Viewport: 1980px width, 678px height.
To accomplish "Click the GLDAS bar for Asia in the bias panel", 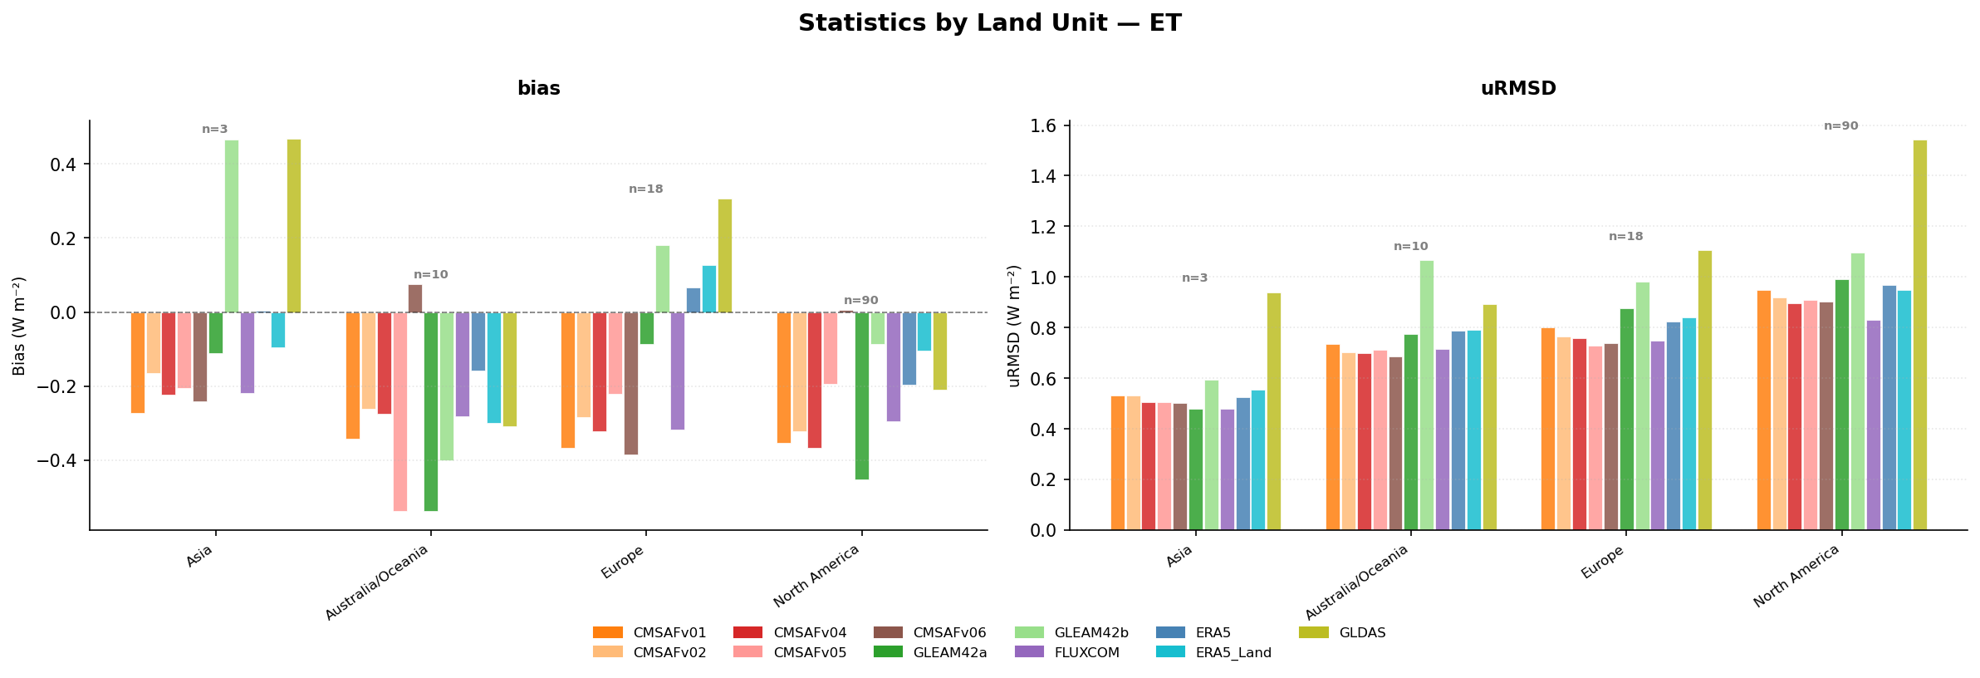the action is click(x=294, y=226).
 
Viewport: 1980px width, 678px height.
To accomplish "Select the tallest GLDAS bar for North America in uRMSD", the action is click(x=1920, y=335).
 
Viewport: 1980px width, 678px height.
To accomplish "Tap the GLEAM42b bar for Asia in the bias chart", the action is click(x=232, y=226).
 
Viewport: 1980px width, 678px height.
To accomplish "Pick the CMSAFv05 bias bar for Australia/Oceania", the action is click(x=400, y=411).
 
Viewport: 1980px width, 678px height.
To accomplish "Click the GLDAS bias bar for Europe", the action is click(x=725, y=256).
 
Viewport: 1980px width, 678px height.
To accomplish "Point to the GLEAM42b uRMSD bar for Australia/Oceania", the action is click(x=1427, y=395).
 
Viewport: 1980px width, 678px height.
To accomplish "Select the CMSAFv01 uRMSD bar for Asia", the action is click(x=1118, y=463).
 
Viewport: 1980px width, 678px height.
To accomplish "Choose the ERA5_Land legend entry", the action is click(x=1214, y=653).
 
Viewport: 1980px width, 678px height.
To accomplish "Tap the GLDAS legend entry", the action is click(x=1342, y=633).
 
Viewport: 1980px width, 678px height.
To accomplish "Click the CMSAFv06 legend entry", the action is click(x=930, y=633).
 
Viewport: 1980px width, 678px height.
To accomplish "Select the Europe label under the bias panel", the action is click(x=621, y=562).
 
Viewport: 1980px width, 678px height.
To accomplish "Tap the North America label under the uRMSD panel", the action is click(x=1796, y=576).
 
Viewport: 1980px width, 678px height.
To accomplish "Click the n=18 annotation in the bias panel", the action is click(x=646, y=189).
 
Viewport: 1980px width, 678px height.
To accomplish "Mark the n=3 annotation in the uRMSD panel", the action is click(x=1195, y=278).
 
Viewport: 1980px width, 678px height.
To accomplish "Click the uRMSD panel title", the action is click(x=1518, y=89).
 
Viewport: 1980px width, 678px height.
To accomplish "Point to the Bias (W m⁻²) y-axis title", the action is click(x=20, y=326).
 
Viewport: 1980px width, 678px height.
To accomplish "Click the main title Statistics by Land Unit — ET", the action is click(x=990, y=23).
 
